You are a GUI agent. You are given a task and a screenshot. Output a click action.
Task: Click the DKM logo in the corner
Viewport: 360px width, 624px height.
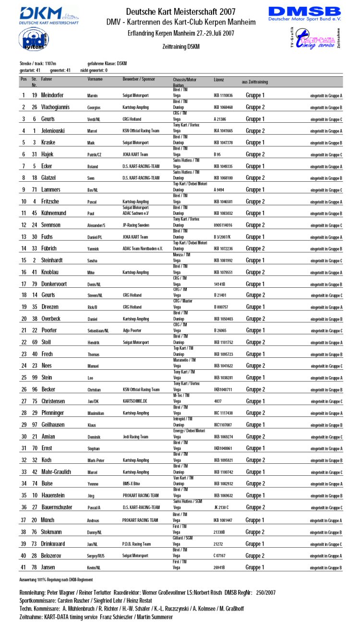pyautogui.click(x=49, y=15)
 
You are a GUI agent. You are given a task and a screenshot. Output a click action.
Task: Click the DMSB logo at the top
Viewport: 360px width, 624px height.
pyautogui.click(x=304, y=14)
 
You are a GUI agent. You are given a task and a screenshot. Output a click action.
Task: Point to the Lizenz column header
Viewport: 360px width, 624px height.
pyautogui.click(x=218, y=79)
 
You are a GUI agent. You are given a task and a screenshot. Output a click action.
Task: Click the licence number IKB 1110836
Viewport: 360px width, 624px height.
pyautogui.click(x=223, y=96)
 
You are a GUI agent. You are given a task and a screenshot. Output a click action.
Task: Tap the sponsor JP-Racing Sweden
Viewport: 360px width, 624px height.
pyautogui.click(x=138, y=225)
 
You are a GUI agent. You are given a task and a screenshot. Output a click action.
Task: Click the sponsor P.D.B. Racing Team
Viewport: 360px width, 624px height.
pyautogui.click(x=137, y=544)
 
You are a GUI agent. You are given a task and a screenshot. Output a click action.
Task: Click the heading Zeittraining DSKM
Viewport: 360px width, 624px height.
pyautogui.click(x=180, y=47)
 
